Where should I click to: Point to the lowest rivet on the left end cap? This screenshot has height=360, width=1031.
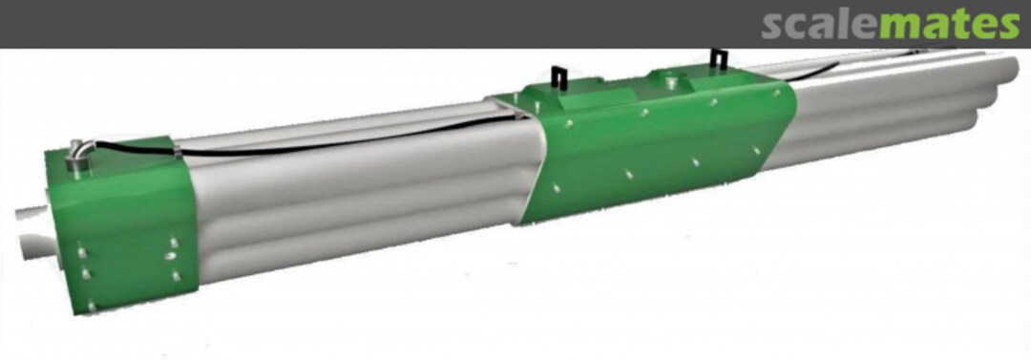(92, 306)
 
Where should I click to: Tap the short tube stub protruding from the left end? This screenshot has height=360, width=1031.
(30, 215)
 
